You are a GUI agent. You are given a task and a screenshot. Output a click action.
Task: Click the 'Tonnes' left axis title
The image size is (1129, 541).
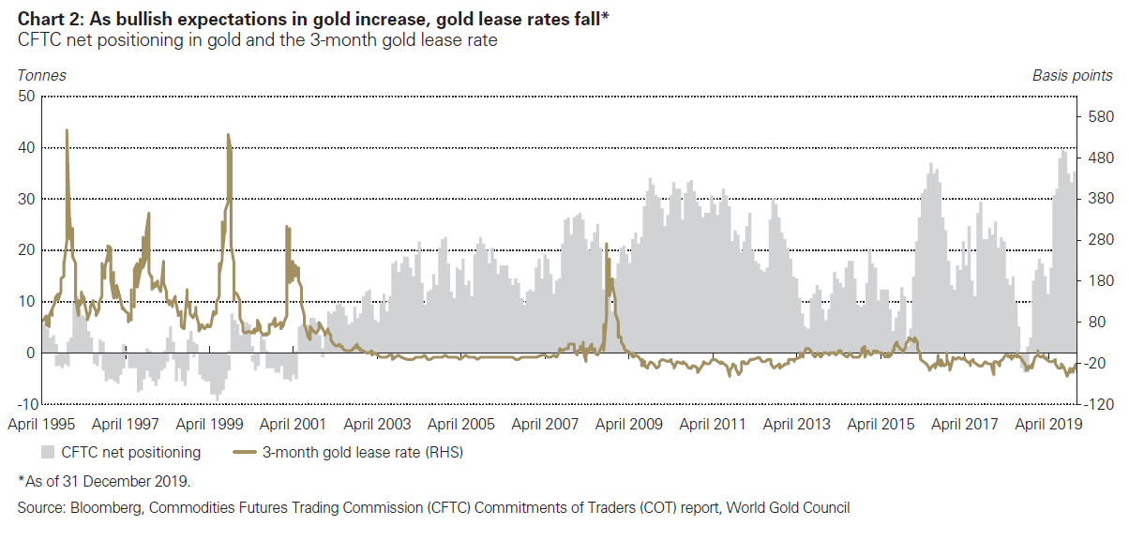click(x=41, y=75)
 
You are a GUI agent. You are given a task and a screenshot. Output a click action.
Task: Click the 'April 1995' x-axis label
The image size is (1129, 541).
click(x=43, y=424)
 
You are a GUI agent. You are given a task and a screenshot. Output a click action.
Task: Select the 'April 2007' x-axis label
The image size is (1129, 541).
click(x=545, y=424)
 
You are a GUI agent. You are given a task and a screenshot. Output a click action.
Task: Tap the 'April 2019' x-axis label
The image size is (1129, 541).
click(x=1048, y=424)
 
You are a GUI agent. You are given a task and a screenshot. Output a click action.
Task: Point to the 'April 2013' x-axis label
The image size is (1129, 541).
click(x=796, y=424)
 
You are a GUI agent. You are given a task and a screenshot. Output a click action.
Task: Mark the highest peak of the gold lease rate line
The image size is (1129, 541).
click(x=67, y=130)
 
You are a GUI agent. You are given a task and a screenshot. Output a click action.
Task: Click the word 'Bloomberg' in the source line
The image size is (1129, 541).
click(x=100, y=508)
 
